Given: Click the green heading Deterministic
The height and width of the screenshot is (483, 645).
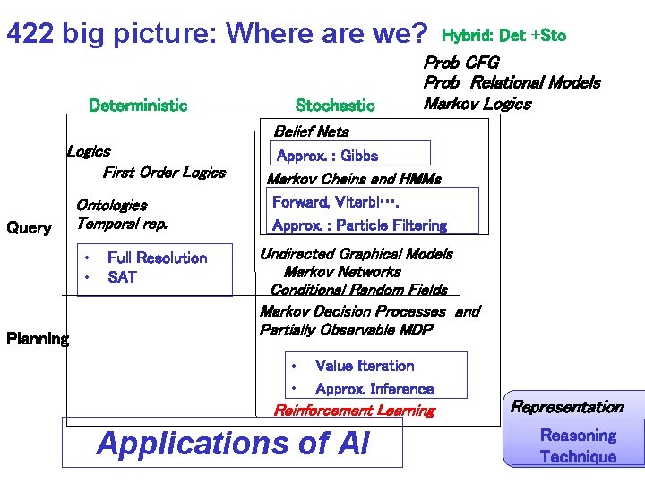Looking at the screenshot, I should (x=138, y=106).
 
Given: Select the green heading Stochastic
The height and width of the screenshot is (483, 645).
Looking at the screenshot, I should (x=335, y=106).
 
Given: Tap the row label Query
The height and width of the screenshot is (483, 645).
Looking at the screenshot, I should (x=29, y=227).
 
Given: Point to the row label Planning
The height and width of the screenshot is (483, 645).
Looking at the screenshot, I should (x=37, y=338).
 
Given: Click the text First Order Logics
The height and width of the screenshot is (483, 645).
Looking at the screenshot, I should (x=164, y=173).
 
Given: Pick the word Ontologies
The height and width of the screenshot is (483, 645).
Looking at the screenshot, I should (x=111, y=206).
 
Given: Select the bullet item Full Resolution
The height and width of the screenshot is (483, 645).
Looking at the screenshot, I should (x=157, y=258).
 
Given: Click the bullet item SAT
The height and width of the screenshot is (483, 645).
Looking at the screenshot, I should (x=122, y=277).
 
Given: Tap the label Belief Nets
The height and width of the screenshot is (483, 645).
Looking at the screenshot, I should (x=311, y=131).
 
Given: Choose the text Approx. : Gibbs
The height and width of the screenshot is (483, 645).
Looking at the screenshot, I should (x=328, y=156).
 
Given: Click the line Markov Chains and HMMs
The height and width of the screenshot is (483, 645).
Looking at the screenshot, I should (x=354, y=179).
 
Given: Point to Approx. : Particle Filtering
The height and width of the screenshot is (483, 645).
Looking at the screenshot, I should (x=359, y=225).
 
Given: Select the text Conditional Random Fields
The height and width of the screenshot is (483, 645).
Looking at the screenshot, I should (x=358, y=290).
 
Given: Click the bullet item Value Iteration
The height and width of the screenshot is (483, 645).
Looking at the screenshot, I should (x=365, y=366).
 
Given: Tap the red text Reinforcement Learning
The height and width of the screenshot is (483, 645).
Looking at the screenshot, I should (x=354, y=411).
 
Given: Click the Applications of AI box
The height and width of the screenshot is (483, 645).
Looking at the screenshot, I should (x=232, y=443).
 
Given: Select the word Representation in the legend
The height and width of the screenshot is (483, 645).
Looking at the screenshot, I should (x=567, y=407).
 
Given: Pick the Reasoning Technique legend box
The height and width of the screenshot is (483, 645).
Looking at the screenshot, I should (x=577, y=445).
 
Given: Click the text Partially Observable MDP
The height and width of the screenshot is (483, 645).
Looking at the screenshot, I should (x=346, y=330).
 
